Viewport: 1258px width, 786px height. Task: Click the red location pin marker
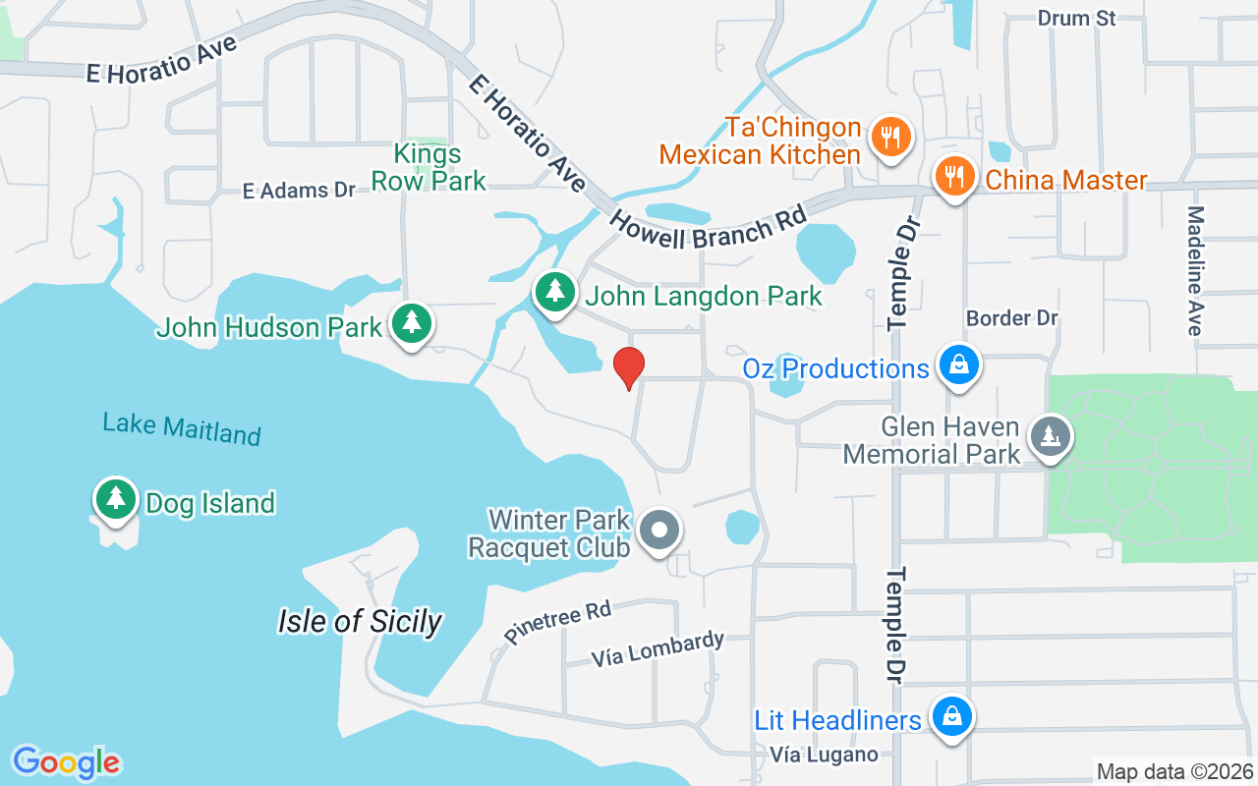(629, 368)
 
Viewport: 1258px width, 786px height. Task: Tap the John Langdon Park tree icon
(555, 293)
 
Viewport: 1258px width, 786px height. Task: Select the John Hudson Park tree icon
(412, 323)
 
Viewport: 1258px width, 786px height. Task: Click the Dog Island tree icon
(116, 499)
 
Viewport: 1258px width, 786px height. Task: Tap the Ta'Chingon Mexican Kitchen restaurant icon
(890, 137)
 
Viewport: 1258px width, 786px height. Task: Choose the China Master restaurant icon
(953, 178)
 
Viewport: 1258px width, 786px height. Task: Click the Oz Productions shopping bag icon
(956, 365)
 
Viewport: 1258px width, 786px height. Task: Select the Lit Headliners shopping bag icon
(951, 717)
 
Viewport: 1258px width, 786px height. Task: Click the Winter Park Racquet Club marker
(659, 531)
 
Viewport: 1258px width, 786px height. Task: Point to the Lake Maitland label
(182, 428)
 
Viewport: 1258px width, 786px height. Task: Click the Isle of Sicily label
(360, 621)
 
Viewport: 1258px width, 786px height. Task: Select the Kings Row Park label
(429, 167)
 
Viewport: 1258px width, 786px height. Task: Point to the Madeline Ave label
(1195, 270)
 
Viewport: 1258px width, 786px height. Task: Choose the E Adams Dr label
(299, 190)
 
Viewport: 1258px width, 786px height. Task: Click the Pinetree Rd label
(557, 624)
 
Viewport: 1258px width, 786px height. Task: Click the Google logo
(66, 761)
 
